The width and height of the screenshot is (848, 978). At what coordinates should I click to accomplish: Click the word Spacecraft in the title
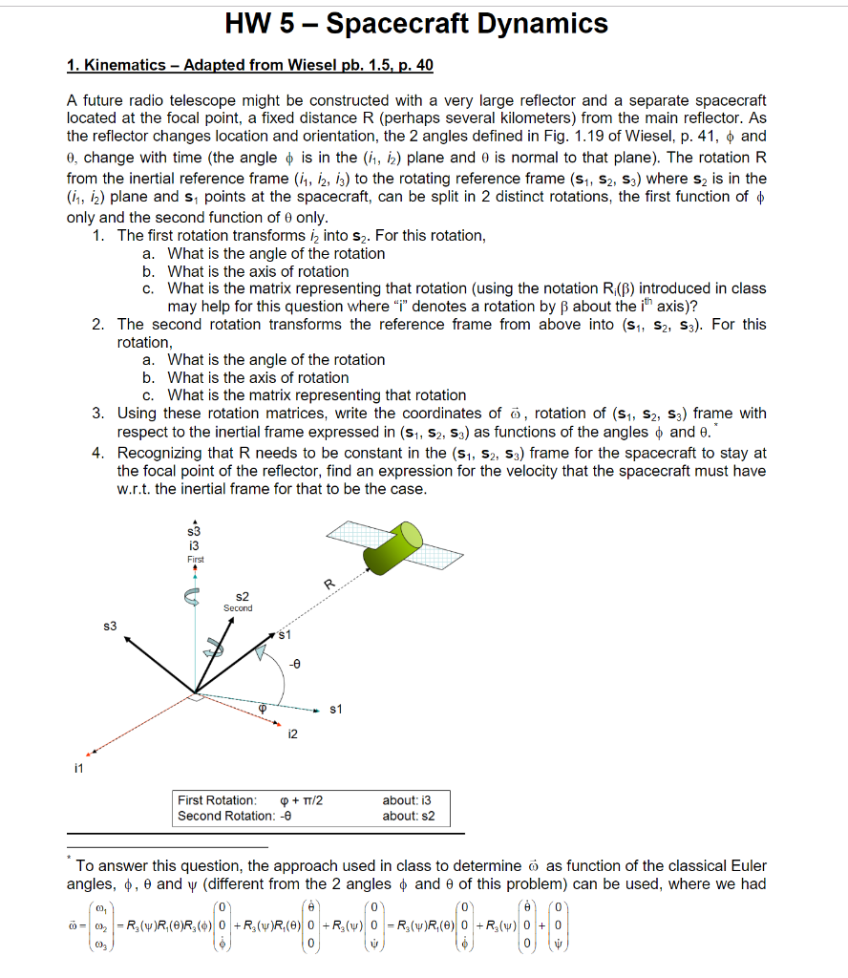[x=399, y=24]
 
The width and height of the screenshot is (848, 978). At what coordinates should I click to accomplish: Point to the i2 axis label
[x=292, y=733]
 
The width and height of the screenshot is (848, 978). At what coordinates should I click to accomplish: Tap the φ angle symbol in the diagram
[x=266, y=708]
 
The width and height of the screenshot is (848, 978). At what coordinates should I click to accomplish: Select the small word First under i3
[x=195, y=559]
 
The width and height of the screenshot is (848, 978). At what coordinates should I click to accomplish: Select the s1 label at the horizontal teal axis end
[x=335, y=710]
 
